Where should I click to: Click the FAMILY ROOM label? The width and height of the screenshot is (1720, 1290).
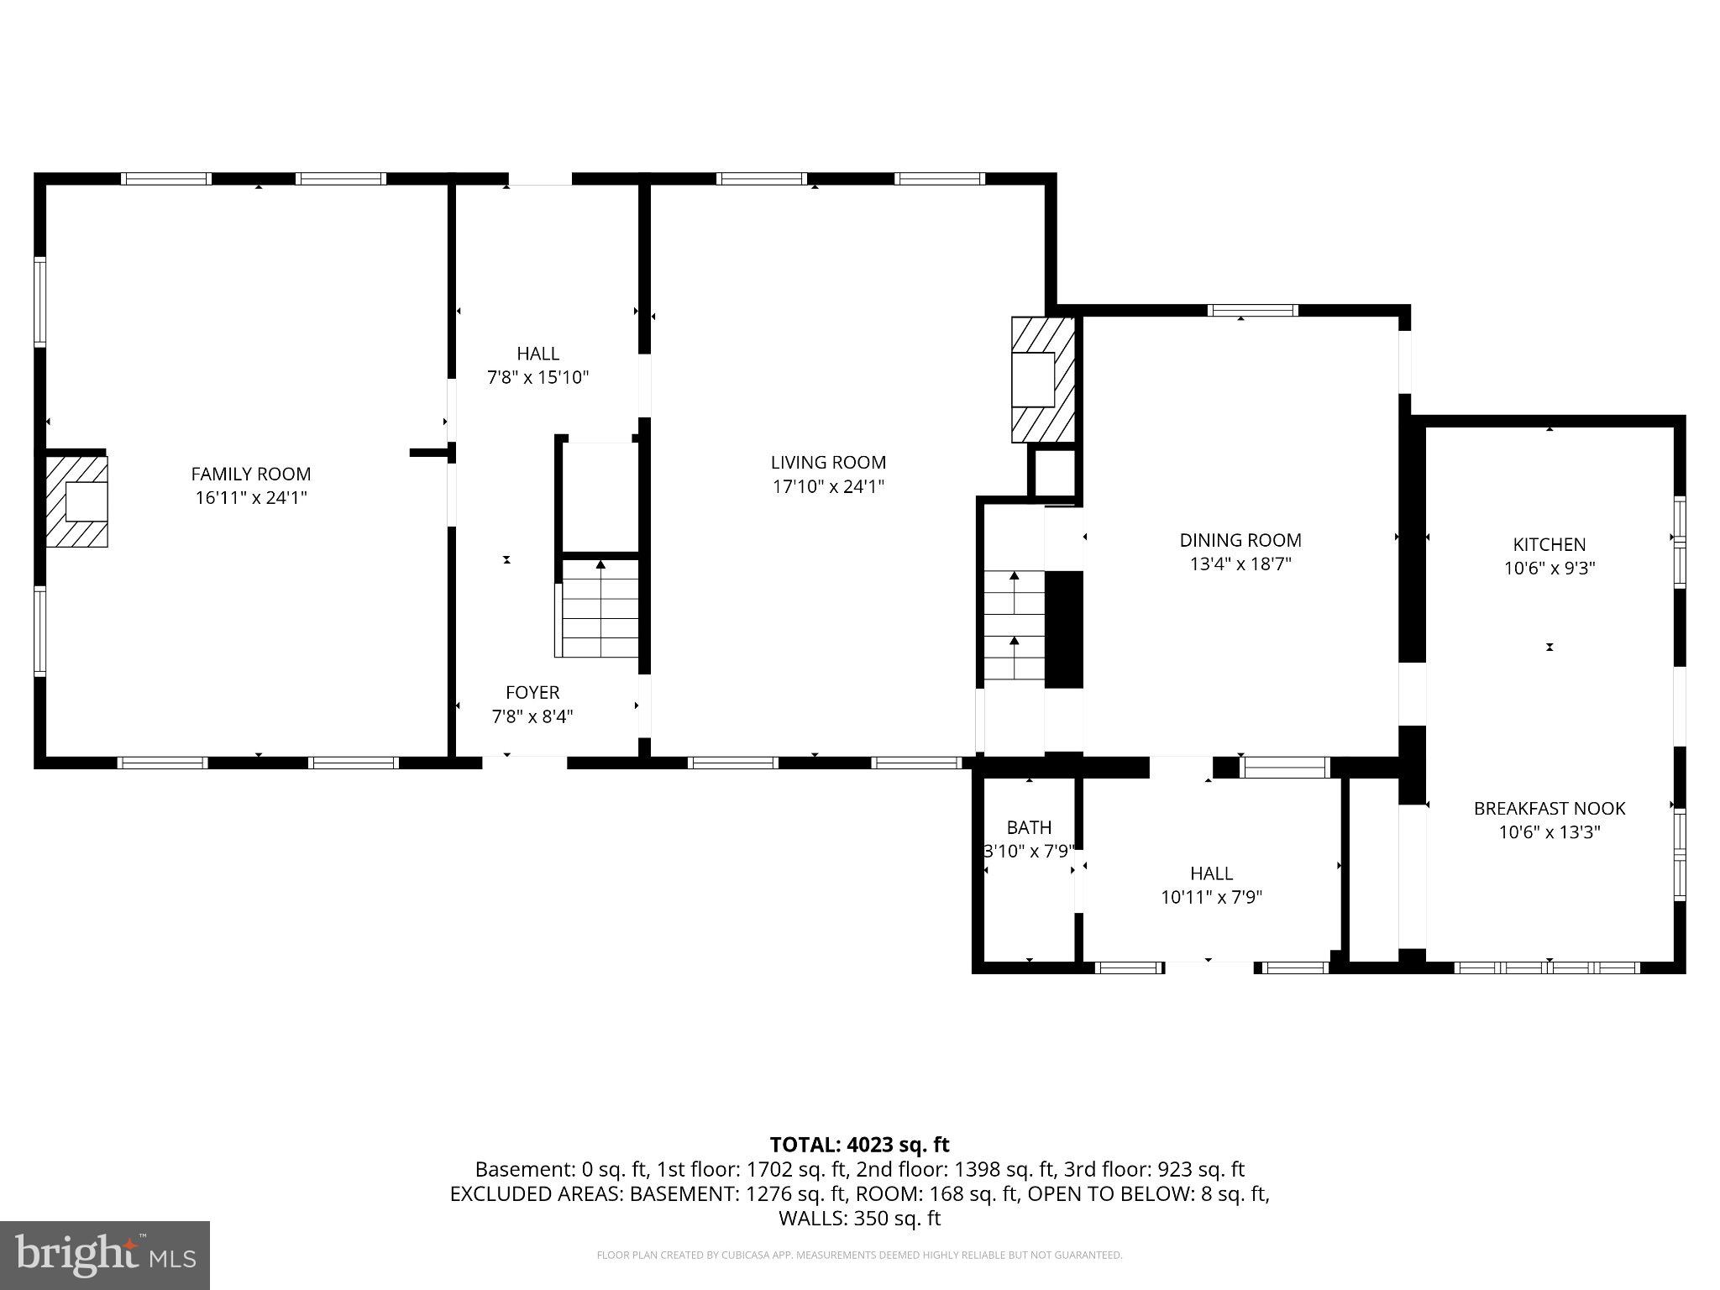click(250, 474)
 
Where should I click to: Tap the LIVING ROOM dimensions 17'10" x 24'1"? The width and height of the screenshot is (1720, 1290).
click(828, 486)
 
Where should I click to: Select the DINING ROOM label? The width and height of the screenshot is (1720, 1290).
click(1240, 540)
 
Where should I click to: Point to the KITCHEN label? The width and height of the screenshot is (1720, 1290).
click(1549, 544)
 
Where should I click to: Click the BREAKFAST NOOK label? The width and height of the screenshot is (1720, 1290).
click(1549, 808)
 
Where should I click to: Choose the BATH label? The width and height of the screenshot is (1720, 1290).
click(1029, 827)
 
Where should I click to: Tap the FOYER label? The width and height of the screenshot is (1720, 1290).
click(532, 692)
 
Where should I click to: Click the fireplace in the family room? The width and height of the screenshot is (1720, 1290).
click(77, 501)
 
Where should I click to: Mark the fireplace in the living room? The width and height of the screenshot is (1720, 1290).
click(1042, 380)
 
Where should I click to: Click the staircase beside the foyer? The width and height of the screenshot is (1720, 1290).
click(600, 609)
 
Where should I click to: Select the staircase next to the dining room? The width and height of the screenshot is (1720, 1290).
click(1014, 626)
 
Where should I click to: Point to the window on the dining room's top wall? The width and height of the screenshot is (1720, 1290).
click(1252, 311)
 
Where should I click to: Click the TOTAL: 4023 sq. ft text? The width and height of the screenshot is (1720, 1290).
click(859, 1144)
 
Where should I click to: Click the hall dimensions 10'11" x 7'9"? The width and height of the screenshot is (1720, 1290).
click(1211, 897)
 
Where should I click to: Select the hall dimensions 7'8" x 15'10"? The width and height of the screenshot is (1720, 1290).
click(537, 377)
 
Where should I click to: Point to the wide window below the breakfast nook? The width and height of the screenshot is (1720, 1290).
click(1546, 967)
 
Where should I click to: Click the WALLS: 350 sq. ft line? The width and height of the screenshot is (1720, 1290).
click(859, 1218)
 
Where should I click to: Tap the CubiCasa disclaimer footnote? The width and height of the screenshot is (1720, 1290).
click(859, 1256)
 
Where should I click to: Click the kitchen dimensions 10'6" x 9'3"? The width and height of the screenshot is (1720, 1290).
click(1549, 569)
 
